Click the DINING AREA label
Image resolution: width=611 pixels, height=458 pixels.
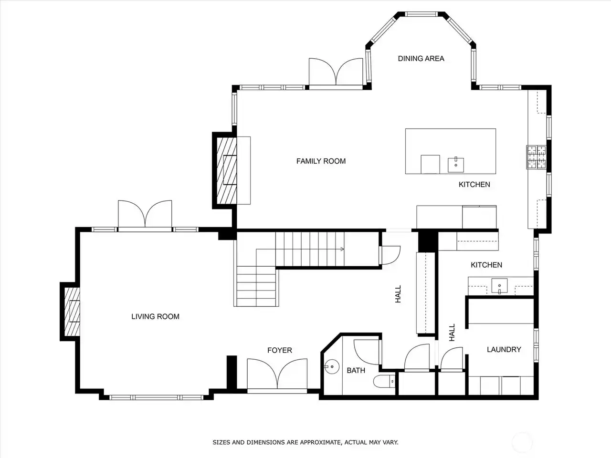pos(421,59)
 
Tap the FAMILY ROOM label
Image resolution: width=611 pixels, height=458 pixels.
pos(321,161)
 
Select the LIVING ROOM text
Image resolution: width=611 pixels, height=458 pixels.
pos(155,316)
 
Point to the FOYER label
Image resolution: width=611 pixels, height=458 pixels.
pos(279,350)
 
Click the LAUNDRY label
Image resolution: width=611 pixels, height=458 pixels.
pos(504,350)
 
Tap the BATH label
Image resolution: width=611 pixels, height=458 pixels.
pos(356,371)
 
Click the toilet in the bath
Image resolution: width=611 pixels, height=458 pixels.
pos(384,382)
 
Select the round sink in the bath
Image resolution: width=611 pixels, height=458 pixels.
pos(332,366)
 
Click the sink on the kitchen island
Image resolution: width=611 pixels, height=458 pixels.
pos(456,165)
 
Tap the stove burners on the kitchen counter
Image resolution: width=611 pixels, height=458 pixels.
pos(536,157)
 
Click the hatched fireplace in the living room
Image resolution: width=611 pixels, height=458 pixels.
pos(72,312)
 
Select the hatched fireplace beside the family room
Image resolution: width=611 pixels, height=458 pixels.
pos(227,170)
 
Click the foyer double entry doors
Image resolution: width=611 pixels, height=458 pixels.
pos(277,375)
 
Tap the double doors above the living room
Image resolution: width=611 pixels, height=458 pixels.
pos(145,216)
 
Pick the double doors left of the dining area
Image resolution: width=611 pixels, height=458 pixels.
pos(336,73)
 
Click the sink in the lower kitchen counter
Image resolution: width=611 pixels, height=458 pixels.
pos(499,286)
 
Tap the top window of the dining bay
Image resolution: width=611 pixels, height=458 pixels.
pos(421,14)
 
